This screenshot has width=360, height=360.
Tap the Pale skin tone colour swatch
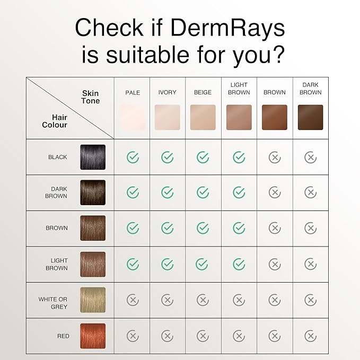click(133, 117)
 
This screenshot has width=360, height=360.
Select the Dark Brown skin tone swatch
click(310, 117)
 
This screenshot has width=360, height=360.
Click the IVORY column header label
click(168, 92)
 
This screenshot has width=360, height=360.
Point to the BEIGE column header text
click(203, 92)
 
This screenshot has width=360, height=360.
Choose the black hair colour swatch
click(93, 157)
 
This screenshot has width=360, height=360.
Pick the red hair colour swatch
click(93, 336)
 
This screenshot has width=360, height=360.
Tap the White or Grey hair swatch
click(93, 300)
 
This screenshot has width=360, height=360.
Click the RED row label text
click(63, 336)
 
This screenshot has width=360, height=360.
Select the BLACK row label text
click(58, 157)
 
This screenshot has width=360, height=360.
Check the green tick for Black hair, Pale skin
click(133, 157)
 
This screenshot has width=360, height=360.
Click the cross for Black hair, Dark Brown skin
click(310, 157)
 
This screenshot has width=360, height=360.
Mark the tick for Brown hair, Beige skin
click(203, 228)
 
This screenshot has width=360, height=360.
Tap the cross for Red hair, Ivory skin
click(168, 336)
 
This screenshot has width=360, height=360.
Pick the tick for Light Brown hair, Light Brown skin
click(239, 264)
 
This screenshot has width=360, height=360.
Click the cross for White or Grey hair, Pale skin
click(133, 300)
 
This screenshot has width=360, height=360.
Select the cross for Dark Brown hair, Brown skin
click(275, 192)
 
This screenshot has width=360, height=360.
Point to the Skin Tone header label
click(91, 97)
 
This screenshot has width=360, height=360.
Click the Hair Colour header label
click(55, 121)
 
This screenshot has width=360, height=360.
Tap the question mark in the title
click(278, 54)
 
